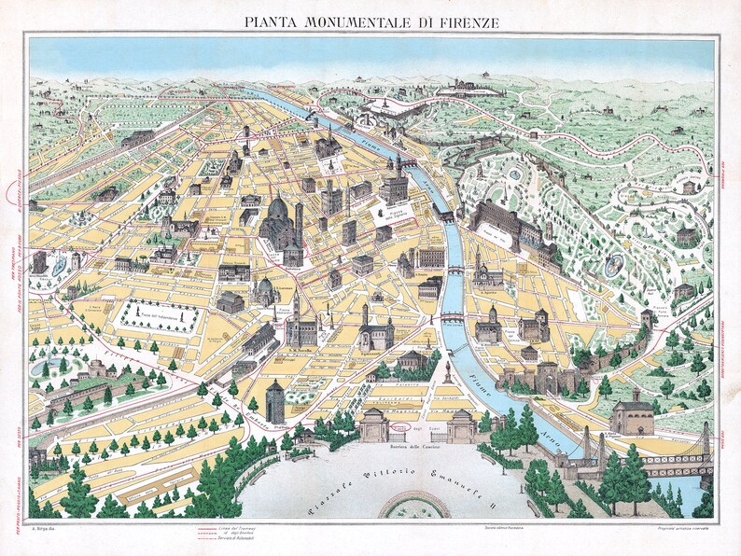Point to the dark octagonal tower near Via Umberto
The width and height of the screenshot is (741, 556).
pos(274,402)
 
